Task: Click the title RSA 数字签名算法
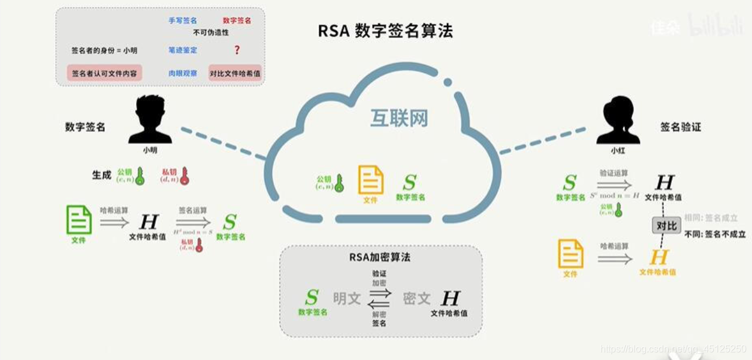(385, 31)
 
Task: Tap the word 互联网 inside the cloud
(398, 118)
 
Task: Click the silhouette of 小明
(150, 119)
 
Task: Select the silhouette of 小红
(616, 120)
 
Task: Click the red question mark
(237, 50)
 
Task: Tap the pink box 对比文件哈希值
(235, 74)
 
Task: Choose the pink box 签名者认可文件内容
(104, 74)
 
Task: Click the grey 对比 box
(666, 226)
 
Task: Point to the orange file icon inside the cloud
(371, 179)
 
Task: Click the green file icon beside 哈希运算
(79, 220)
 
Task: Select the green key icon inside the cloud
(339, 183)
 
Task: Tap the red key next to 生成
(184, 176)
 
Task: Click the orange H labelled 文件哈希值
(659, 258)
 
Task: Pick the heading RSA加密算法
(380, 258)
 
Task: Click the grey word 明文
(347, 298)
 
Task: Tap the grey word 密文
(417, 298)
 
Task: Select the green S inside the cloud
(410, 182)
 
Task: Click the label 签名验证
(680, 127)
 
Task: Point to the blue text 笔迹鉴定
(183, 50)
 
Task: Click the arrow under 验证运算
(614, 185)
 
